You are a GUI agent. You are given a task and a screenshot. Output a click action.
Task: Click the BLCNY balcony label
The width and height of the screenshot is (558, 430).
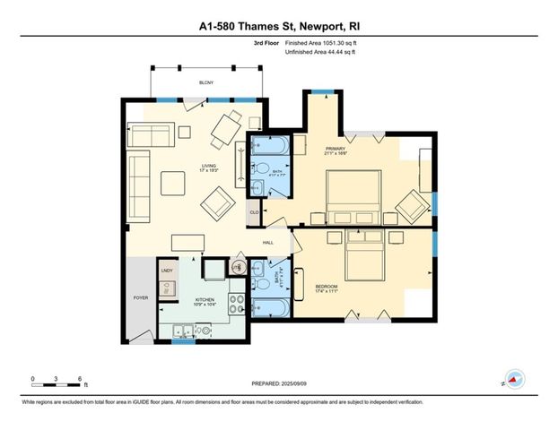tap(206, 83)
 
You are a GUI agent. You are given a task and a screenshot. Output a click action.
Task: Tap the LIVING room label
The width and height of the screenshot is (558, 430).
tap(208, 166)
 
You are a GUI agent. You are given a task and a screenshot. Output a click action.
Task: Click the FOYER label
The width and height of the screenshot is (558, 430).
tap(141, 297)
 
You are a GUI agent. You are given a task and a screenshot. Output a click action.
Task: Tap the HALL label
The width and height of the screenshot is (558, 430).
tap(267, 243)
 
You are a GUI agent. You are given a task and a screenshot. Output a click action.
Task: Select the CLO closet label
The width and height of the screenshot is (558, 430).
tap(254, 211)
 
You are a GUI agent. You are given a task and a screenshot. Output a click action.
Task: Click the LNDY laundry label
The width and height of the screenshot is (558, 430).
tap(167, 270)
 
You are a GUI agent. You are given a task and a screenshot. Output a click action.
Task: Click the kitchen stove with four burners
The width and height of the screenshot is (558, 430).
tap(236, 302)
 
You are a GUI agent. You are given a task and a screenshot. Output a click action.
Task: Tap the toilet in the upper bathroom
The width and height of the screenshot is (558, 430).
tap(257, 187)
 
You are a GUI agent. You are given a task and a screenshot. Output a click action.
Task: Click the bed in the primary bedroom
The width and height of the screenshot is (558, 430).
tap(352, 196)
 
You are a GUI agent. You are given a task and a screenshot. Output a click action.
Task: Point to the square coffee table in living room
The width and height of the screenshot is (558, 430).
tap(173, 183)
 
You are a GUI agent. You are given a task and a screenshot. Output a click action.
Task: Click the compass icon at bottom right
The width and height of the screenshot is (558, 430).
tap(514, 379)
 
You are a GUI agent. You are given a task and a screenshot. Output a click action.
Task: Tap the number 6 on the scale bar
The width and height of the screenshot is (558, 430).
tap(81, 379)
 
